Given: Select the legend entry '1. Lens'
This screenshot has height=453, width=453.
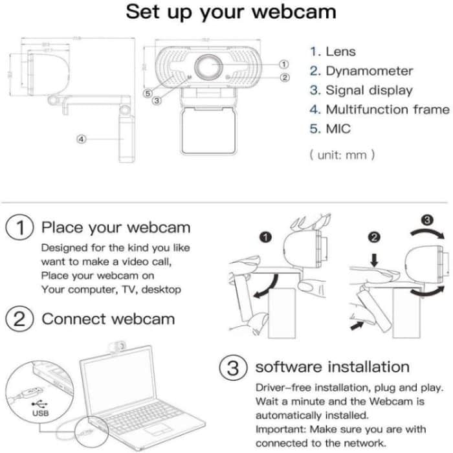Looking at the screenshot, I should (333, 52).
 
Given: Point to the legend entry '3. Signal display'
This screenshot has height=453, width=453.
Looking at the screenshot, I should (360, 91).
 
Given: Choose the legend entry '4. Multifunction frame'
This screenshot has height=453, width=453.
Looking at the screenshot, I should (379, 109).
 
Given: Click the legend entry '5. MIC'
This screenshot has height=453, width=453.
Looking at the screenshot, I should (330, 129).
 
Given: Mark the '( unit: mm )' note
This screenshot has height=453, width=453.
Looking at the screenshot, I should (342, 155).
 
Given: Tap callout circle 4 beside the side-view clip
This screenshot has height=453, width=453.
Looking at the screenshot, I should (82, 139).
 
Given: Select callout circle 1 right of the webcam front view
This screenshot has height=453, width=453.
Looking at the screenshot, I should (283, 63).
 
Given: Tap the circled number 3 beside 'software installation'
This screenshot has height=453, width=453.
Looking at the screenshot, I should (233, 368).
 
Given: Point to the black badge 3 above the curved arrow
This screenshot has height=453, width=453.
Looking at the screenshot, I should (426, 219).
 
